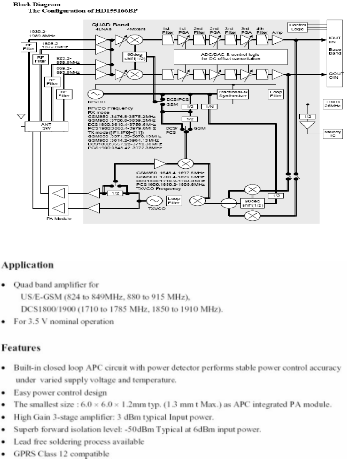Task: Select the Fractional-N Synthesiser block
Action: tap(233, 94)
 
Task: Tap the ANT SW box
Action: tap(46, 125)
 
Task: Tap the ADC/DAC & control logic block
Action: tap(230, 56)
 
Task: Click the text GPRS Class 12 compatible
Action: tap(62, 452)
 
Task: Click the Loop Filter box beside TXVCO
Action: tap(173, 201)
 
